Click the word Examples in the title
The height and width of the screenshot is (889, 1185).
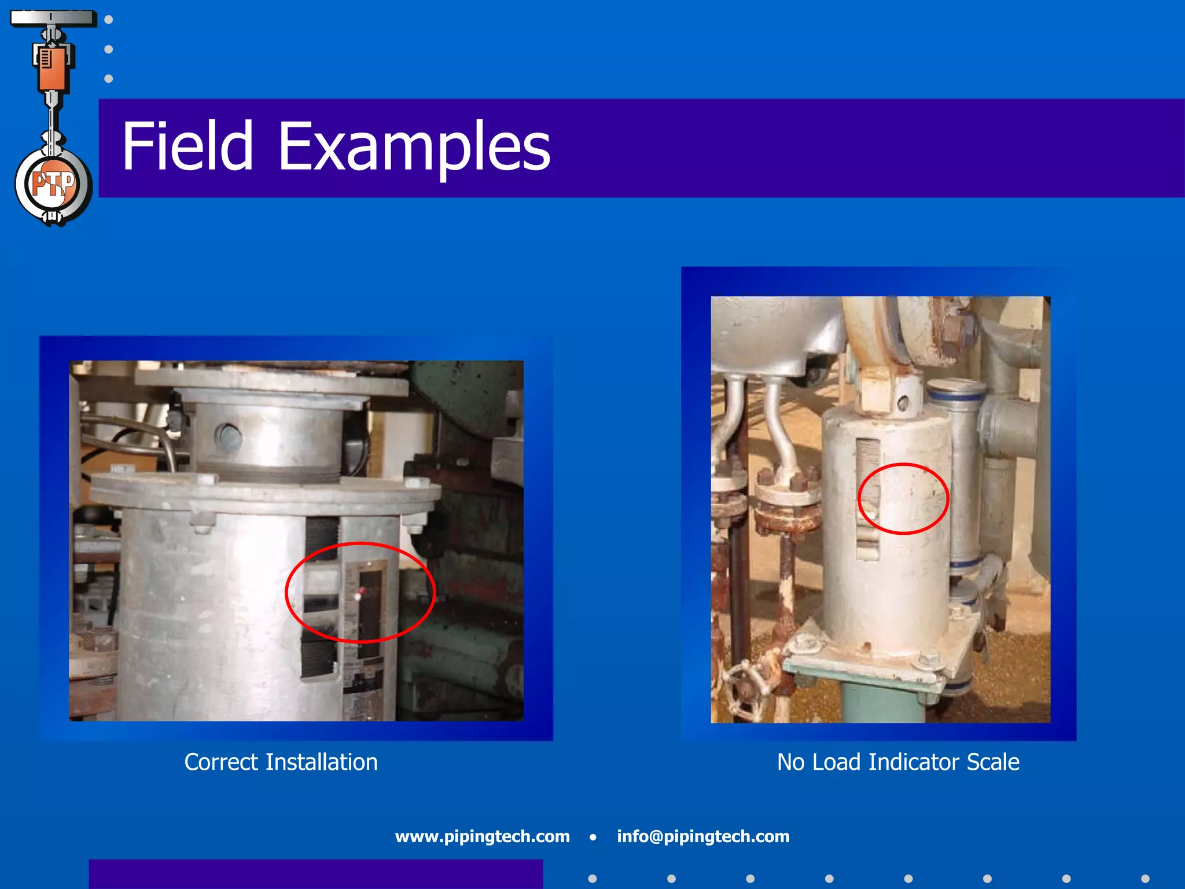coord(414,147)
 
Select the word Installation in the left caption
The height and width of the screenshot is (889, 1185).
coord(321,762)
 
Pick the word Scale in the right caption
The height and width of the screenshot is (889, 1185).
coord(993,762)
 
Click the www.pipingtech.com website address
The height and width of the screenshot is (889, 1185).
coord(482,836)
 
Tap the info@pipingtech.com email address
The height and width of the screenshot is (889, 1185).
coord(703,836)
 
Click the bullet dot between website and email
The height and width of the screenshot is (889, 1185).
coord(593,837)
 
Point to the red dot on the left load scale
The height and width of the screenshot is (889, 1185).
coord(362,590)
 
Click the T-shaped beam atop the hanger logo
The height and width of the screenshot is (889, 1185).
coord(53,18)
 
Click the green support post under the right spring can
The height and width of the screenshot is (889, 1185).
coord(879,703)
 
